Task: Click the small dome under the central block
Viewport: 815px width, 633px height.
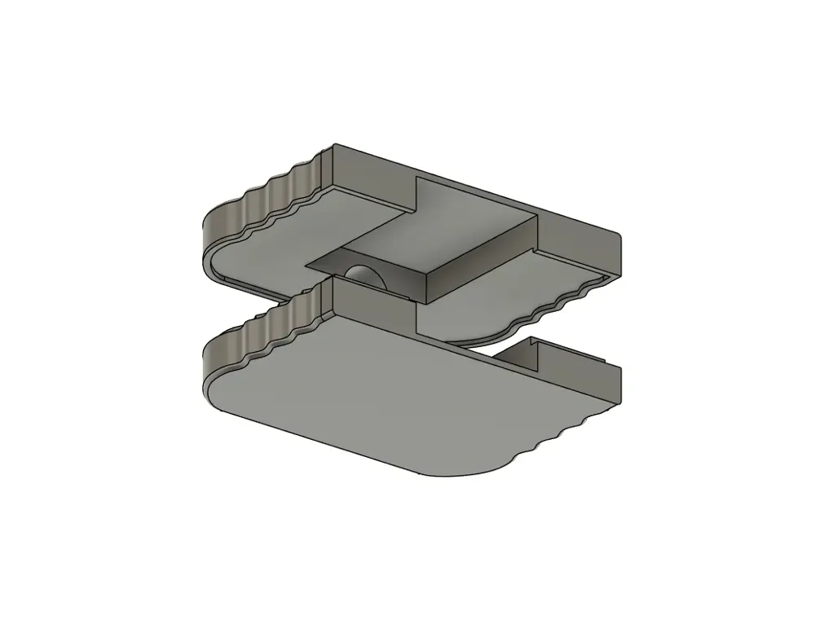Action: pyautogui.click(x=363, y=275)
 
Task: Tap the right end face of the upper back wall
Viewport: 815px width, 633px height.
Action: pyautogui.click(x=616, y=253)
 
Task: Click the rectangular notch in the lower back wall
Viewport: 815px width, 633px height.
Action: pyautogui.click(x=522, y=350)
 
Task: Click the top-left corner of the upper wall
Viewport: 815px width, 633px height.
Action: pyautogui.click(x=334, y=147)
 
